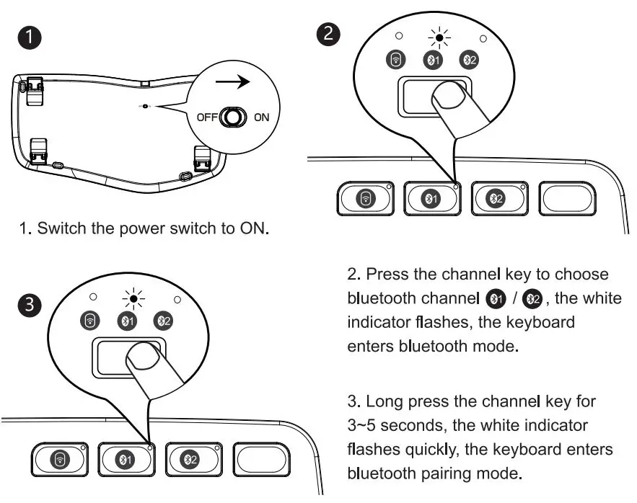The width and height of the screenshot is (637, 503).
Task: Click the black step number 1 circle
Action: coord(30,39)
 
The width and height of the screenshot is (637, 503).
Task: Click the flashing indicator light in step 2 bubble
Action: coord(438,38)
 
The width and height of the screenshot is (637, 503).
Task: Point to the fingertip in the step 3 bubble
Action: coord(146,355)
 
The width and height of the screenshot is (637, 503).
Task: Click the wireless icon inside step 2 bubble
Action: coord(395,61)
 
